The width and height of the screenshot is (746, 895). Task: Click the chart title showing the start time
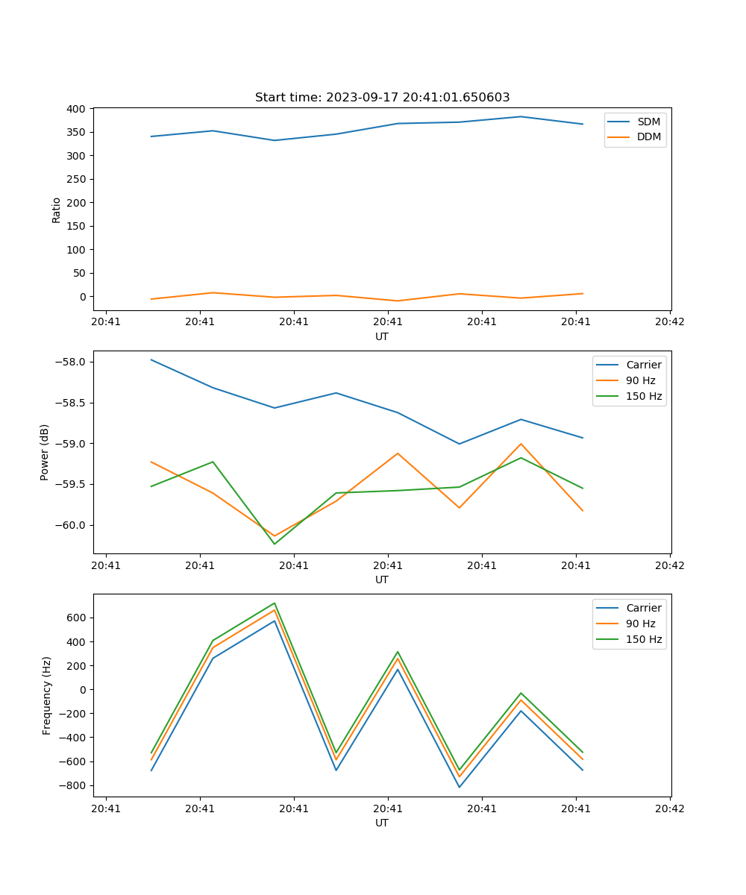click(x=382, y=98)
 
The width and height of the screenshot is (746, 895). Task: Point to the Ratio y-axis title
click(x=57, y=210)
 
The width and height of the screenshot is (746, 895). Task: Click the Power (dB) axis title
click(x=45, y=452)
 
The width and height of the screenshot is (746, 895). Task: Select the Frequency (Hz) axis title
click(x=47, y=695)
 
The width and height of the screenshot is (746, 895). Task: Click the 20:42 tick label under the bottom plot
click(x=669, y=808)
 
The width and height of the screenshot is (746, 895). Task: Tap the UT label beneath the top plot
click(x=382, y=336)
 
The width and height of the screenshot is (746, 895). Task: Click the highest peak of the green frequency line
click(x=275, y=603)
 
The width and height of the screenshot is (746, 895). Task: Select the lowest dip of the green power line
click(x=275, y=544)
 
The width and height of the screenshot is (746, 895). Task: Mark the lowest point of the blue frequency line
click(x=460, y=787)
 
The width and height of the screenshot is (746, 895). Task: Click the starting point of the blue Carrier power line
click(x=151, y=359)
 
